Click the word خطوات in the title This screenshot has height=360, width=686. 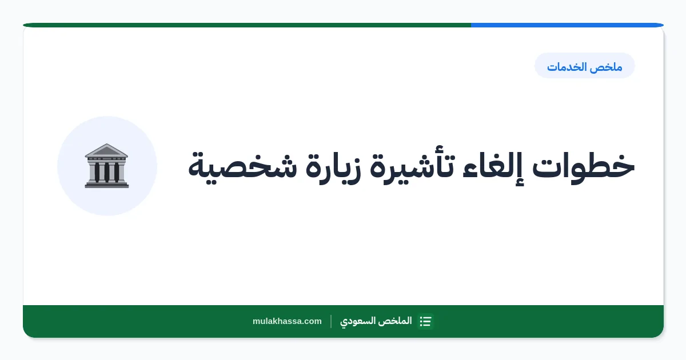pyautogui.click(x=583, y=167)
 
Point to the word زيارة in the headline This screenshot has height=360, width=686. pyautogui.click(x=333, y=167)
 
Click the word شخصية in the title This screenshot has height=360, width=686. pyautogui.click(x=242, y=167)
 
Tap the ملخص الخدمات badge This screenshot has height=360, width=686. pyautogui.click(x=585, y=66)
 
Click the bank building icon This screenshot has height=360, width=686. pyautogui.click(x=106, y=166)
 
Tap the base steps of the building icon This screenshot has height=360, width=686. pyautogui.click(x=106, y=185)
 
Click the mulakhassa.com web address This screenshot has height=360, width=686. pyautogui.click(x=287, y=321)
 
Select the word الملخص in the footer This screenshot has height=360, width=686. pyautogui.click(x=395, y=321)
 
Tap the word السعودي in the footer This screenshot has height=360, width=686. pyautogui.click(x=358, y=321)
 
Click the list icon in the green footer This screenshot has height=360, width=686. pyautogui.click(x=425, y=321)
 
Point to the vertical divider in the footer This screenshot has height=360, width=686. pyautogui.click(x=331, y=321)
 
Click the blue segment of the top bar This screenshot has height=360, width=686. pyautogui.click(x=567, y=25)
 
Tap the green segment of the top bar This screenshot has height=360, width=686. pyautogui.click(x=247, y=25)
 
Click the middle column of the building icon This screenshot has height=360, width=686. pyautogui.click(x=106, y=172)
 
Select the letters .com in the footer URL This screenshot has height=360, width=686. pyautogui.click(x=312, y=321)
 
